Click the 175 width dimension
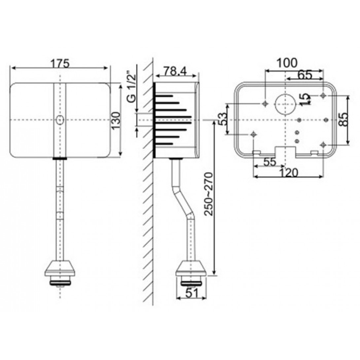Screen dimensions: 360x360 (60, 63)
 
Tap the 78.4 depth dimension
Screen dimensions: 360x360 (175, 71)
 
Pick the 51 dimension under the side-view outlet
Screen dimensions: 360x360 (192, 292)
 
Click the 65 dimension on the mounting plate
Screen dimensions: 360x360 (304, 75)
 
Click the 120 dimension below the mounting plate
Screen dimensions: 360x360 (288, 172)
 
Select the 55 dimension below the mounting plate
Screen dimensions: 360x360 (270, 162)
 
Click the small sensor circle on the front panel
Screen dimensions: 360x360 (60, 120)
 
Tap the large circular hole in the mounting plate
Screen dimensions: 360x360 (285, 104)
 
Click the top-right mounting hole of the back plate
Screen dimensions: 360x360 (323, 95)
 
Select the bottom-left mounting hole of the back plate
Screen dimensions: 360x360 (253, 134)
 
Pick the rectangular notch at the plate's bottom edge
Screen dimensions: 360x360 (285, 151)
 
